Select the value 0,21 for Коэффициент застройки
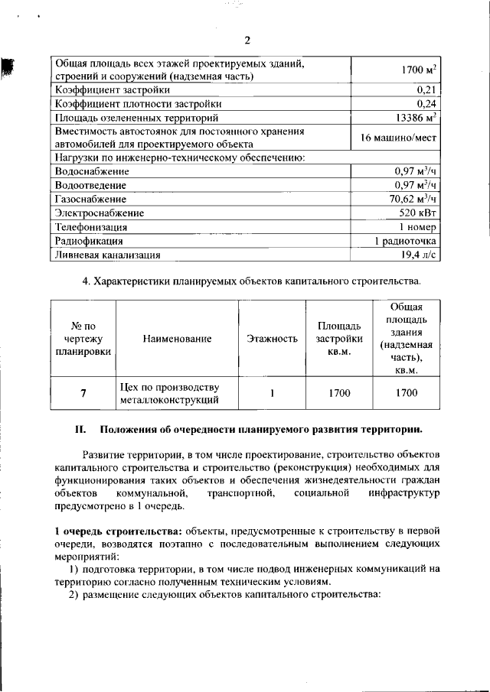(x=426, y=90)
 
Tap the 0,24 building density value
(x=426, y=104)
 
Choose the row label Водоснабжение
(x=91, y=172)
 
